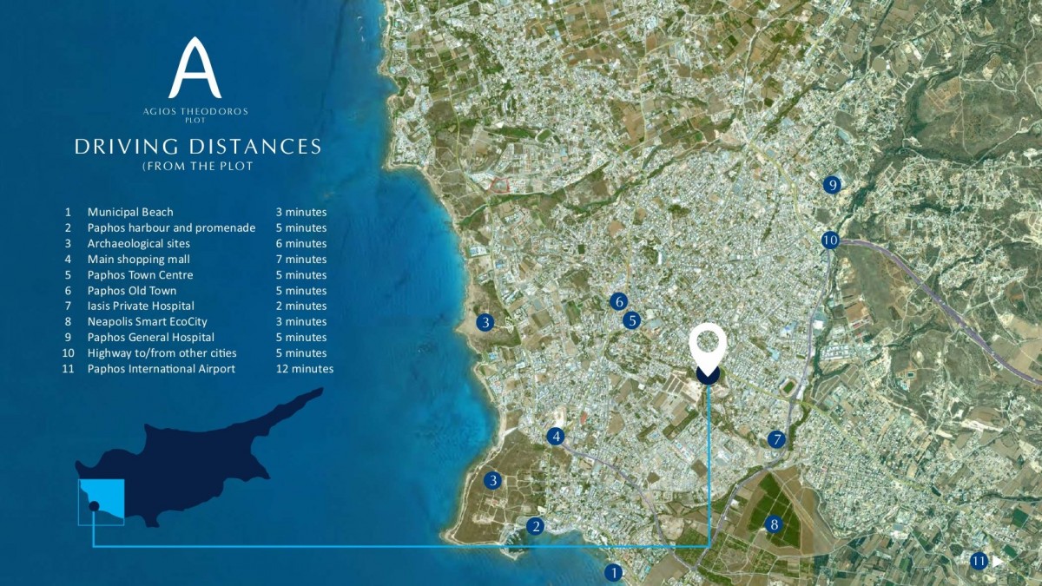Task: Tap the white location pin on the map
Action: click(707, 347)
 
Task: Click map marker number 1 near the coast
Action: click(614, 572)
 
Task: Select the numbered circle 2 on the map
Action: click(536, 525)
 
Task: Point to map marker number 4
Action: click(556, 436)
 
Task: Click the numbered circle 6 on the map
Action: click(618, 301)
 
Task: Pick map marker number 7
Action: click(776, 439)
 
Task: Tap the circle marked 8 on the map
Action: click(774, 524)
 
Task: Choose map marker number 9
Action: click(832, 184)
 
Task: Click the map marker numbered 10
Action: click(830, 240)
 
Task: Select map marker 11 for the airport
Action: click(979, 561)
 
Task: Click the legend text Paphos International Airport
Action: click(161, 369)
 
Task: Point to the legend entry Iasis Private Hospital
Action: click(141, 306)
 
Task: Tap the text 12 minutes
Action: click(305, 369)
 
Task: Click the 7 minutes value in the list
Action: click(301, 259)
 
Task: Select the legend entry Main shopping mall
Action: click(139, 259)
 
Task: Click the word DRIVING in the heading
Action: click(121, 146)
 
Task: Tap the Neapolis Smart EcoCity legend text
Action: click(148, 321)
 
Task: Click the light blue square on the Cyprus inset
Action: click(102, 502)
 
